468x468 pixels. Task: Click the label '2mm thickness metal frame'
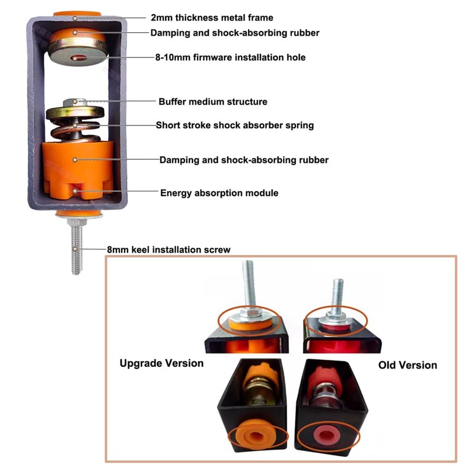point(211,18)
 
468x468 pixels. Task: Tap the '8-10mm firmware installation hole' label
point(229,57)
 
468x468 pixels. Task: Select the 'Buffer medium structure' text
point(213,102)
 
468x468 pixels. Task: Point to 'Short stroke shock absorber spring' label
point(235,125)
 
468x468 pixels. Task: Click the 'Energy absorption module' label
point(219,193)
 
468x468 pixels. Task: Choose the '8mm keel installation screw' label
point(168,250)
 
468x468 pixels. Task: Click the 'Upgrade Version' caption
point(161,363)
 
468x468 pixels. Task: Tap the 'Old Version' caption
point(408,365)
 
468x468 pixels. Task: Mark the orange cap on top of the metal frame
point(77,13)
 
